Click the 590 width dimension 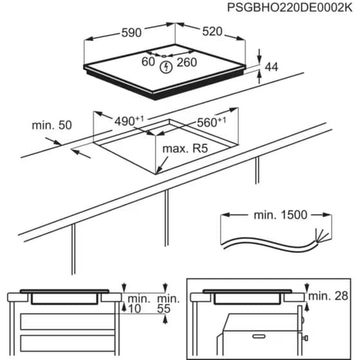(130, 33)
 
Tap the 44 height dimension (272, 66)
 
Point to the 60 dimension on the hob (148, 62)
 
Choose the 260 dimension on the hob (186, 62)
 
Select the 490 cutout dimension (129, 121)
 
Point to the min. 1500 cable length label (278, 214)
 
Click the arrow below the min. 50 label (81, 152)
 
